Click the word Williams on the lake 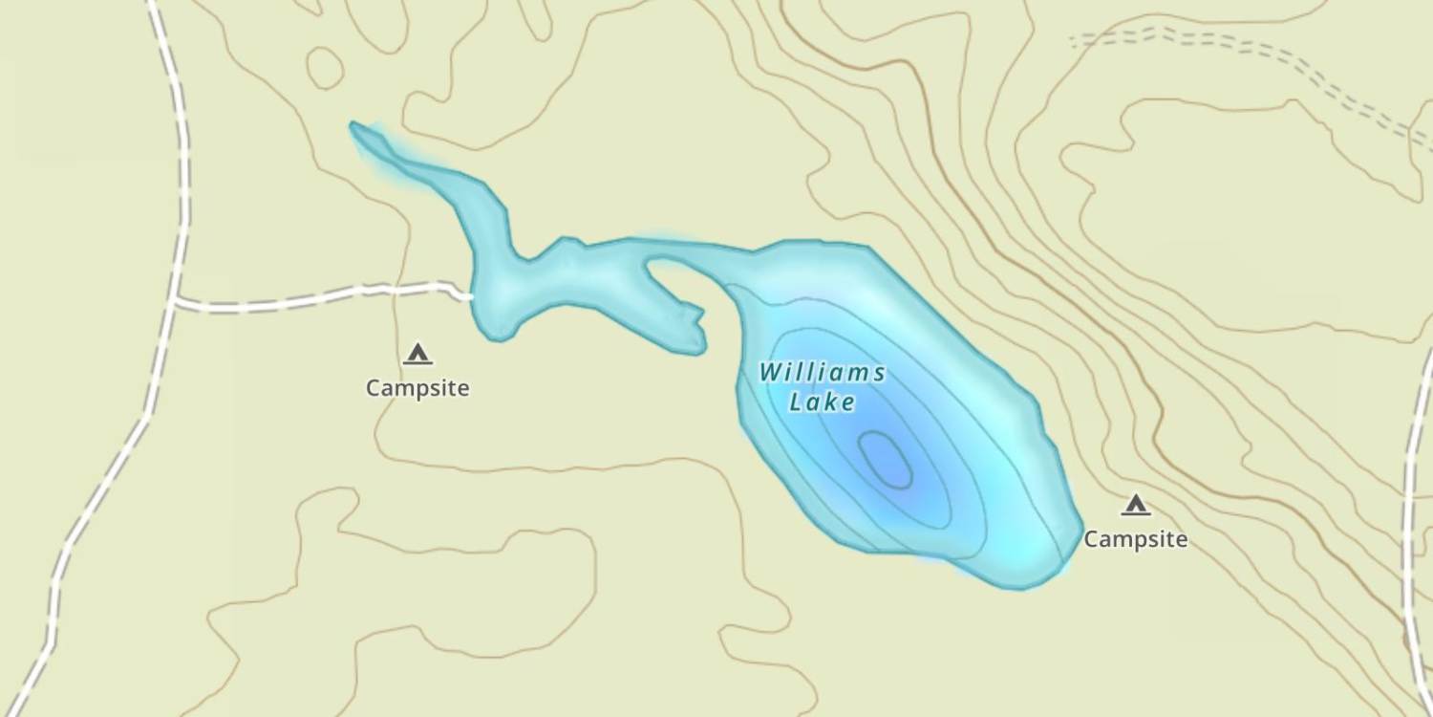[823, 373]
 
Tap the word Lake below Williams [823, 403]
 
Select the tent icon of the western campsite [417, 354]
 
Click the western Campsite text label [417, 388]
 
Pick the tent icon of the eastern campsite [1135, 505]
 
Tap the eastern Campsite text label [1135, 539]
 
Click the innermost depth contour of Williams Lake [886, 459]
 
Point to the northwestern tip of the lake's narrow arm [354, 125]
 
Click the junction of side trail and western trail [176, 302]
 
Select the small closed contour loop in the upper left [325, 68]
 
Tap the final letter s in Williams [879, 373]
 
